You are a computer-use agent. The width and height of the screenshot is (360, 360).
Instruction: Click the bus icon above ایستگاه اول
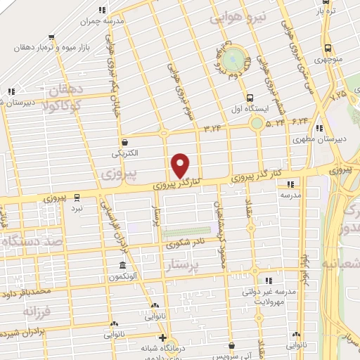(250, 98)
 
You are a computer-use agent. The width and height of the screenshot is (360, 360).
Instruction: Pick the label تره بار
(323, 11)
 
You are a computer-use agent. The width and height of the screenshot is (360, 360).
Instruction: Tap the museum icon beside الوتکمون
(123, 266)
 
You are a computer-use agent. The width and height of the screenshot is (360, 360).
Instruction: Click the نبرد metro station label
(77, 208)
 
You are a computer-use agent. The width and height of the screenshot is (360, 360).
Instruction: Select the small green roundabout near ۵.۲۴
(257, 124)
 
